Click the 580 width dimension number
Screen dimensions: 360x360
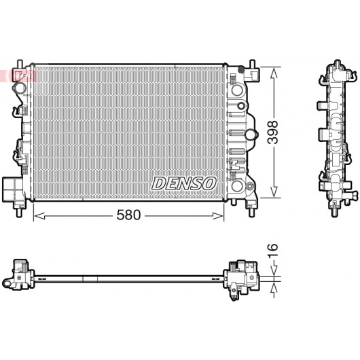[x=128, y=215]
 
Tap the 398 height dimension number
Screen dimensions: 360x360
[x=273, y=132]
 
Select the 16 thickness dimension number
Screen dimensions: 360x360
[x=273, y=247]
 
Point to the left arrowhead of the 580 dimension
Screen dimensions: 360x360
[x=39, y=216]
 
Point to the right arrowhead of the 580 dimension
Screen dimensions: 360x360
[x=218, y=216]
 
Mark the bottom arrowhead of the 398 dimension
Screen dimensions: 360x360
[x=273, y=192]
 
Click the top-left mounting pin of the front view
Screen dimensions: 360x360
[x=20, y=64]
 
